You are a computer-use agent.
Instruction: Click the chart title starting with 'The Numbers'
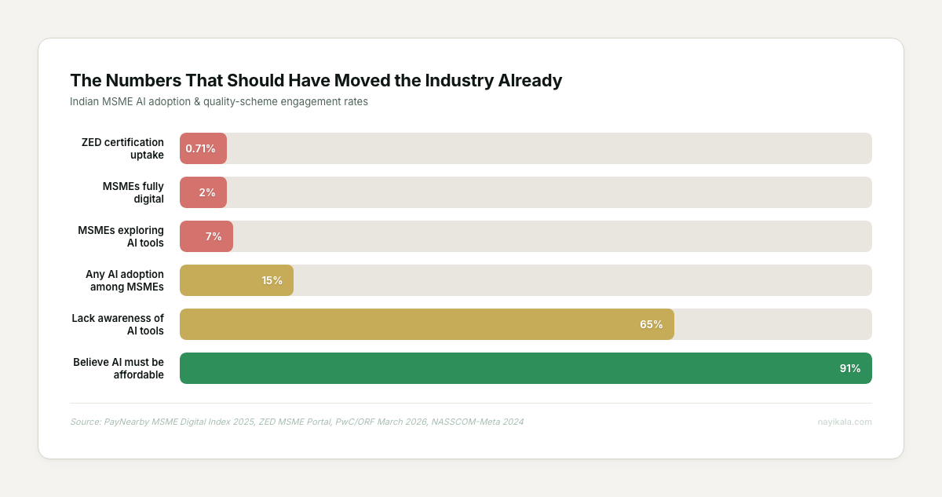tap(316, 81)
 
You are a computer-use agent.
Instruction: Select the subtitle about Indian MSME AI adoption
tap(219, 102)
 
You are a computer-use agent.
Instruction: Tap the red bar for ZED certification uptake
tap(203, 148)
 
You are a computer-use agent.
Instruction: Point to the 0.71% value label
tap(200, 148)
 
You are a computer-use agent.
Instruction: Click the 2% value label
tap(207, 192)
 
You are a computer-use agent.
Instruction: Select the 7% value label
tap(214, 236)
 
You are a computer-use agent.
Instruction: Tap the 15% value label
tap(272, 280)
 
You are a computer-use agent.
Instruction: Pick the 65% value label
tap(652, 324)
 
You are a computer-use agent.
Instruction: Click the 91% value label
tap(850, 368)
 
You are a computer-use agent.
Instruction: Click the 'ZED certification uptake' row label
tap(122, 148)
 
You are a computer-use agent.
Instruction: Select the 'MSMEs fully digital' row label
tap(133, 192)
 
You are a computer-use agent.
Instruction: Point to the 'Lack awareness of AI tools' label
tap(118, 324)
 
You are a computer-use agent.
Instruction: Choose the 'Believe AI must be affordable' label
tap(119, 368)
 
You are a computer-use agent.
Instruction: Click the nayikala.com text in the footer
tap(845, 422)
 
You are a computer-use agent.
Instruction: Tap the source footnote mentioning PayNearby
tap(297, 422)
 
